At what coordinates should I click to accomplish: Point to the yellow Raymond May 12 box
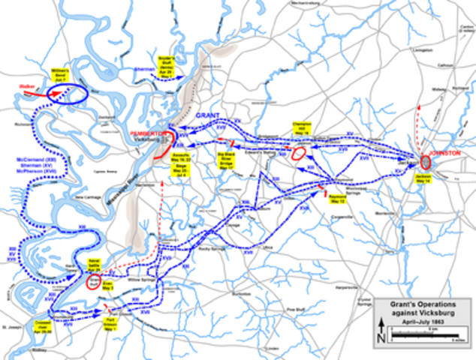pyautogui.click(x=338, y=196)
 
